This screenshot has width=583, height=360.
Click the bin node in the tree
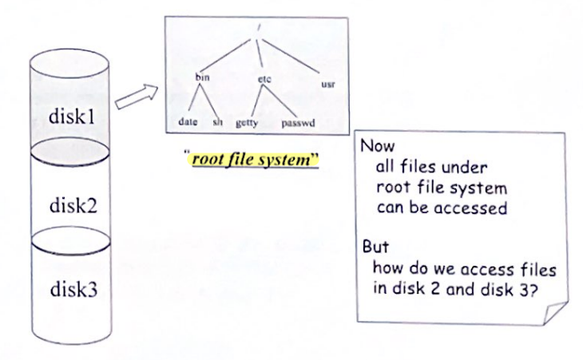[202, 77]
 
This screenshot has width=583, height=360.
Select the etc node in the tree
[265, 78]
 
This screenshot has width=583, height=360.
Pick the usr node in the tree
[327, 82]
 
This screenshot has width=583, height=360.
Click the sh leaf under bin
[216, 123]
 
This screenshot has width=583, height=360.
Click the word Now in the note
[375, 148]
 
